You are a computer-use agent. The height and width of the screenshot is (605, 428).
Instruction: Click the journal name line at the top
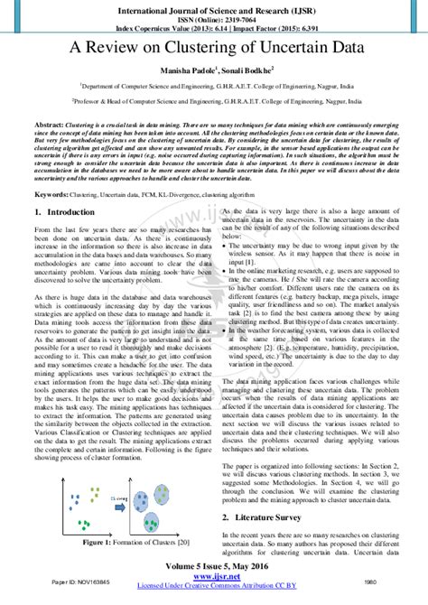[214, 7]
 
